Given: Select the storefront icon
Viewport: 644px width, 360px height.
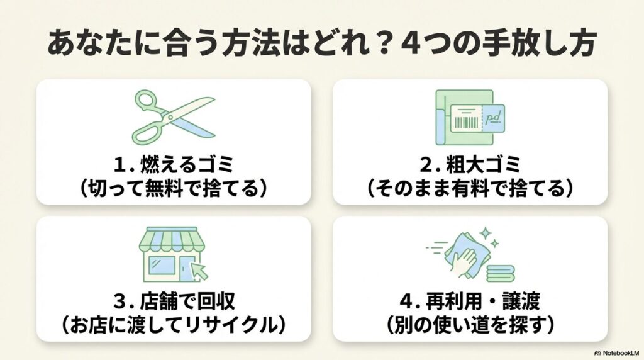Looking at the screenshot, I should click(170, 255).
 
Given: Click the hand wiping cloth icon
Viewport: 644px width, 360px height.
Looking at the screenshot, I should click(469, 256).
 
